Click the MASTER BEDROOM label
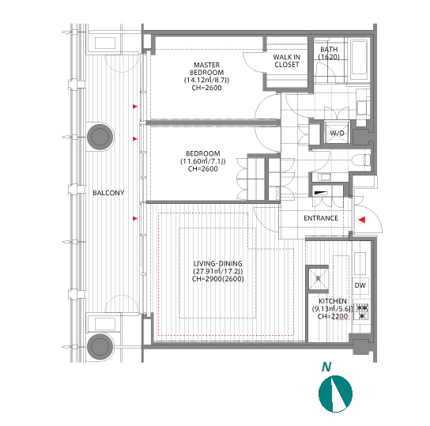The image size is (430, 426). [207, 69]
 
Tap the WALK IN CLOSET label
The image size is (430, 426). [287, 61]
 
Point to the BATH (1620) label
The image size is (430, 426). [329, 53]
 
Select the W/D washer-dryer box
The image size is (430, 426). [337, 134]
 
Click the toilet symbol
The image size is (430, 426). [360, 160]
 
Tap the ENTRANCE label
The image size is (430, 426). [321, 218]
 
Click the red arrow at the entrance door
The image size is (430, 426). [362, 220]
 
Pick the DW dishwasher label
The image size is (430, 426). [360, 285]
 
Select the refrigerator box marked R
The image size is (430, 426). [318, 279]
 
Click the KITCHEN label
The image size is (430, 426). [332, 301]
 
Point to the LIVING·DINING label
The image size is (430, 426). [218, 264]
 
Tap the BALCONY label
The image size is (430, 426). [108, 193]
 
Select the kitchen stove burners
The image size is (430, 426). [362, 311]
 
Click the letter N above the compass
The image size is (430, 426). [326, 367]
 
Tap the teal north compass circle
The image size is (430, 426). [335, 394]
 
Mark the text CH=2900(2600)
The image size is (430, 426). [218, 279]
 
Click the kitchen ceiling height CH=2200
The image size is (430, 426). [332, 316]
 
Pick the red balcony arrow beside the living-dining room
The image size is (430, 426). [135, 218]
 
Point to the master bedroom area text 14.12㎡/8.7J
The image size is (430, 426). [207, 80]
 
